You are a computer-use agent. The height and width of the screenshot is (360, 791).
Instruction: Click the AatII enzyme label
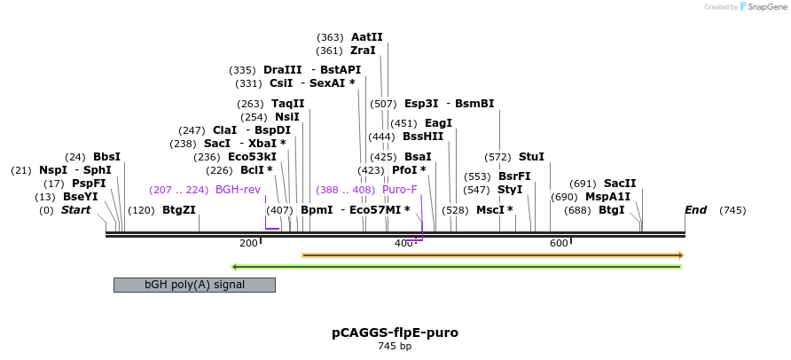click(366, 37)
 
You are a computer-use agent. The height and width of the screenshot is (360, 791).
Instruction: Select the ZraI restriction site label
click(363, 51)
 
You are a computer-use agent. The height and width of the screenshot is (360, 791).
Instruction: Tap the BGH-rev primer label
click(238, 190)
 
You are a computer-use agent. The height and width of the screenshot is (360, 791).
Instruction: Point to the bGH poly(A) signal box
click(194, 285)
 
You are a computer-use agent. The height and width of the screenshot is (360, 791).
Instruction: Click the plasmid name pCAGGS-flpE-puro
click(395, 333)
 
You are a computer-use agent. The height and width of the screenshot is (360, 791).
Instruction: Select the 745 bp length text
click(395, 346)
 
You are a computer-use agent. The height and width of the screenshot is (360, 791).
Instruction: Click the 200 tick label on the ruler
click(249, 243)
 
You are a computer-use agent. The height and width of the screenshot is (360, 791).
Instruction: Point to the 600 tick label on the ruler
click(559, 243)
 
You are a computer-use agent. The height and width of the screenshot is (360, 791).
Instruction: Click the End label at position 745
click(696, 210)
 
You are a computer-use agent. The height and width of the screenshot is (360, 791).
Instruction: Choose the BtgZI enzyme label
click(178, 210)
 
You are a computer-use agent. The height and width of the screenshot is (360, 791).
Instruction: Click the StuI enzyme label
click(531, 157)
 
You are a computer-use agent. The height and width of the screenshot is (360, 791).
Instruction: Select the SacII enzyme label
click(620, 184)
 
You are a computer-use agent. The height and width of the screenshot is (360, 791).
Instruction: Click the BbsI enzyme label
click(106, 157)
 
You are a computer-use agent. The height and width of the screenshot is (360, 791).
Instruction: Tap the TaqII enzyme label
click(287, 104)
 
